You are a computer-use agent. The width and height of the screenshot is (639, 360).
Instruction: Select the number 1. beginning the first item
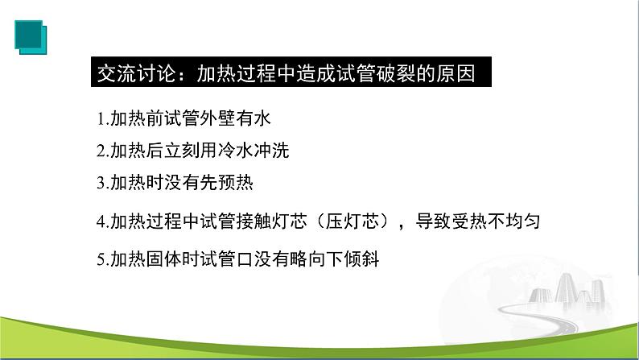pos(100,119)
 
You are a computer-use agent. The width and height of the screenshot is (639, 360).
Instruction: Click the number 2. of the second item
pos(101,151)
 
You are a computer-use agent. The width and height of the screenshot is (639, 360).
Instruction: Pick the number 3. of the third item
pos(101,182)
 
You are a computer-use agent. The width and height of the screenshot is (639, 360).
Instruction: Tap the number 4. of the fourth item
pos(101,221)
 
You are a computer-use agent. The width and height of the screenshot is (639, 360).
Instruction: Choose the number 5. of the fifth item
pos(101,259)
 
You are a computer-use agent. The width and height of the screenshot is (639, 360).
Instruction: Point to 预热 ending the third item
pos(237,182)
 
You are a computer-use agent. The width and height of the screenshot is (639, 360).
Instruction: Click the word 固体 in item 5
pos(165,259)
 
